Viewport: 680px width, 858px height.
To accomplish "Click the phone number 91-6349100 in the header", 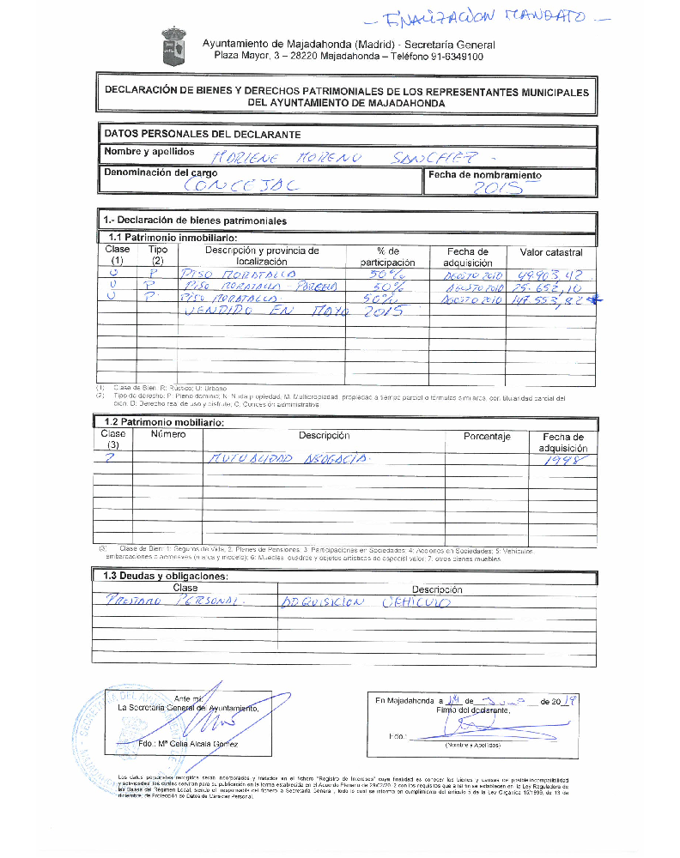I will click(x=454, y=57).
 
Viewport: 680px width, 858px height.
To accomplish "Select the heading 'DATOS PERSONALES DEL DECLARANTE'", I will click(x=203, y=135).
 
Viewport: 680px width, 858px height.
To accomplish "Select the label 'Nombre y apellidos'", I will click(x=149, y=152).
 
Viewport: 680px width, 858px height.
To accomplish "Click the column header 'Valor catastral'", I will click(x=551, y=252).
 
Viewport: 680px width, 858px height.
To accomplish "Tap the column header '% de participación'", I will click(x=387, y=257).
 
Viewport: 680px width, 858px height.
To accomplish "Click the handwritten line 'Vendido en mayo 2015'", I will click(x=292, y=312).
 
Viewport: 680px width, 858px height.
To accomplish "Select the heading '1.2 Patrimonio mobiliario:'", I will click(x=163, y=422).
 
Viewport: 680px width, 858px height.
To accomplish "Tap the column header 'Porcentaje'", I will click(x=487, y=437).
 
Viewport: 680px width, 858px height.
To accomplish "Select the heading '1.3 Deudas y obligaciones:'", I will click(x=166, y=577).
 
